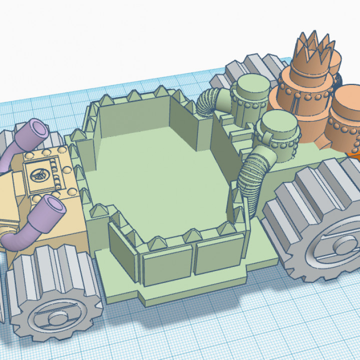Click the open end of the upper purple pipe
[38, 129]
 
